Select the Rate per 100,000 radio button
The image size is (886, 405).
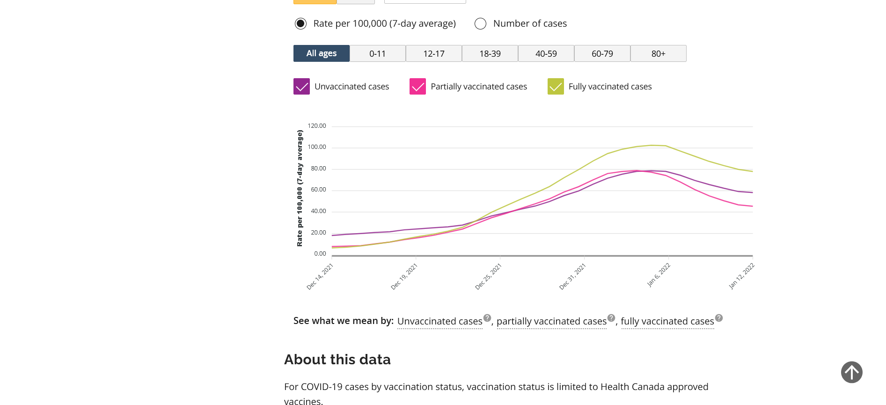pyautogui.click(x=300, y=23)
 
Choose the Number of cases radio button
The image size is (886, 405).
pyautogui.click(x=481, y=23)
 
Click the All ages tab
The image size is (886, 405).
pyautogui.click(x=321, y=53)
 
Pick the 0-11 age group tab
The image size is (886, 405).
pyautogui.click(x=377, y=53)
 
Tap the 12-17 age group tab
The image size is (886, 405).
pyautogui.click(x=433, y=53)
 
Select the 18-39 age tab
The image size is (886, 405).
pyautogui.click(x=490, y=53)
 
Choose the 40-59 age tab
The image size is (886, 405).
pyautogui.click(x=546, y=53)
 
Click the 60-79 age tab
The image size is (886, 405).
pyautogui.click(x=602, y=53)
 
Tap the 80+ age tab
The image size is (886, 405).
pyautogui.click(x=658, y=53)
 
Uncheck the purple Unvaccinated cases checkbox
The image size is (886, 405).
pyautogui.click(x=301, y=87)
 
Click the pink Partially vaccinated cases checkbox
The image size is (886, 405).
pyautogui.click(x=417, y=87)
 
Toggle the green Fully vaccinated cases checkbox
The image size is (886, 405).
pyautogui.click(x=556, y=87)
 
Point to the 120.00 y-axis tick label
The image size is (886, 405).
pyautogui.click(x=317, y=126)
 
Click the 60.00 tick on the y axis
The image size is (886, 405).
pyautogui.click(x=318, y=190)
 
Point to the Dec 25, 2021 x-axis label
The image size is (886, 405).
pyautogui.click(x=488, y=277)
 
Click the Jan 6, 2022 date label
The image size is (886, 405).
pyautogui.click(x=659, y=275)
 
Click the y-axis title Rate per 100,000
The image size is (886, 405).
pyautogui.click(x=300, y=188)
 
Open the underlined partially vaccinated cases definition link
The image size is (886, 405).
pyautogui.click(x=551, y=321)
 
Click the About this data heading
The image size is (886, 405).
pyautogui.click(x=337, y=360)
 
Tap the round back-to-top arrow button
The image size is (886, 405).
pyautogui.click(x=851, y=372)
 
